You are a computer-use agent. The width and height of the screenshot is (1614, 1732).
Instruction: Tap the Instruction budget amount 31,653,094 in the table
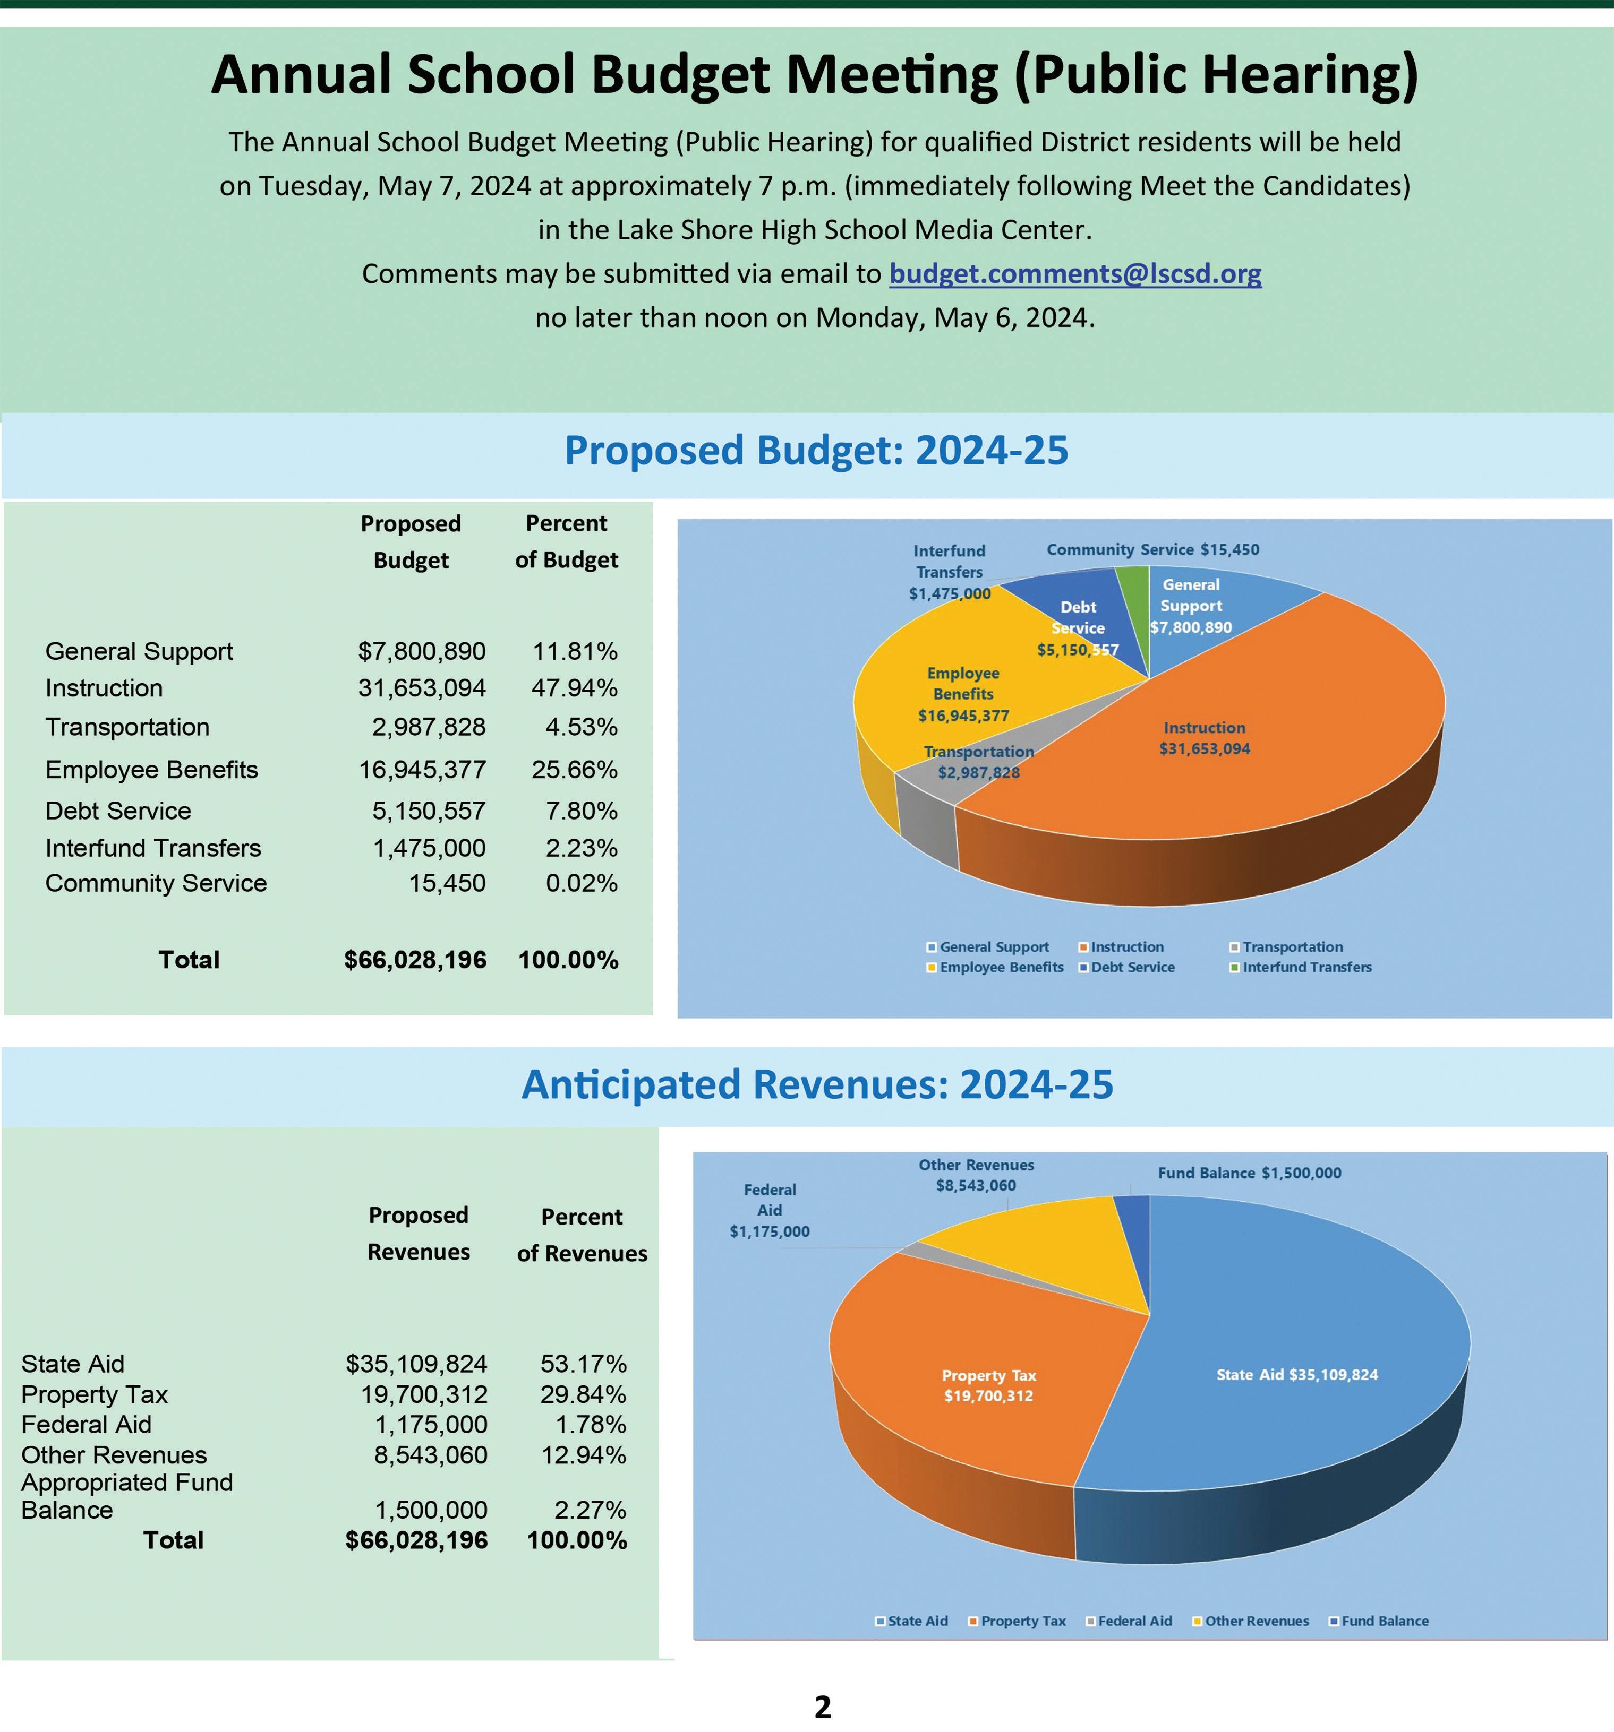point(422,688)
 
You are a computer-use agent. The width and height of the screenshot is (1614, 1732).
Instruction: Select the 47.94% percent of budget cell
point(574,688)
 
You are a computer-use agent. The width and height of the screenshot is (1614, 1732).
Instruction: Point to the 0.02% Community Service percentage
point(581,883)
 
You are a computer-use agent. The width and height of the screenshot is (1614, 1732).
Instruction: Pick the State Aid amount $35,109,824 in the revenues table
point(416,1364)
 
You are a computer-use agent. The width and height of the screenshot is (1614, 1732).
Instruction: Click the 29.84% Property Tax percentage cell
point(583,1395)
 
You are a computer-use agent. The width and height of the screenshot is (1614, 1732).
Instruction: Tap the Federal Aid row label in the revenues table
point(86,1425)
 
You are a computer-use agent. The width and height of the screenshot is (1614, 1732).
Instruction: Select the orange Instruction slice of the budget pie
point(1220,784)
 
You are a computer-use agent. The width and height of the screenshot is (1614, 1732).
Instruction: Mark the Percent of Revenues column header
point(582,1235)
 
